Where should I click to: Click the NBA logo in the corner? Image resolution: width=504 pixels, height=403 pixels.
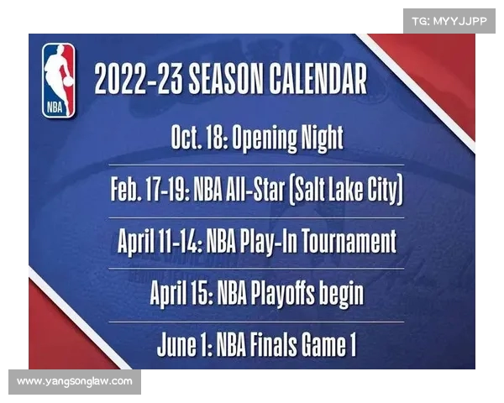[59, 80]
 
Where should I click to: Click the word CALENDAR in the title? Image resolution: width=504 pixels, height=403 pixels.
[319, 80]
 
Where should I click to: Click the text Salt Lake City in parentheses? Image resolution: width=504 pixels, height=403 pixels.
[346, 190]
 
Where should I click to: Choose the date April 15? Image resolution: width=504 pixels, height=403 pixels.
[181, 293]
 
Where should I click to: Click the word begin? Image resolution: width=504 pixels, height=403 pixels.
[343, 294]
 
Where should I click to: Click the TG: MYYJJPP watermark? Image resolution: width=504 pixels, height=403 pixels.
[449, 21]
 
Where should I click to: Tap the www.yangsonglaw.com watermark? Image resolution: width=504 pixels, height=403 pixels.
[74, 382]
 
